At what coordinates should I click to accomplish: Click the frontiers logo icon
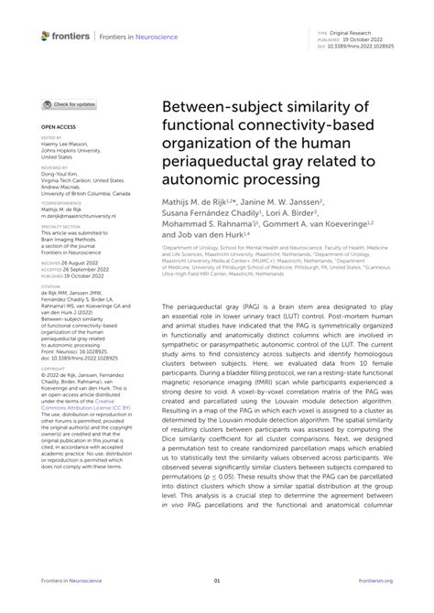[x=47, y=35]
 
